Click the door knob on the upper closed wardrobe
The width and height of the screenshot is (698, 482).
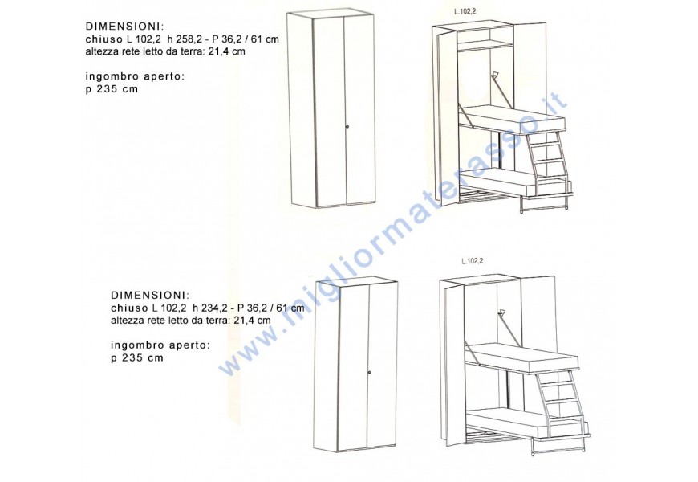coord(347,127)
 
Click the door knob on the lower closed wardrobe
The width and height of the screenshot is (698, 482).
coord(370,371)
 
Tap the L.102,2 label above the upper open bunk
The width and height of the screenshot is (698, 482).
coord(465,12)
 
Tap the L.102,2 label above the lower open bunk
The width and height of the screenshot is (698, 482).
coord(473,261)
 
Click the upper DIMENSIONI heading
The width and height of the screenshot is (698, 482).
coord(124,27)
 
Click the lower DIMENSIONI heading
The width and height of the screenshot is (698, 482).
coord(150,295)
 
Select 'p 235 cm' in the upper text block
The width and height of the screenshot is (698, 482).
coord(112,89)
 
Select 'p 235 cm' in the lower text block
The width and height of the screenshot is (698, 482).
coord(137,358)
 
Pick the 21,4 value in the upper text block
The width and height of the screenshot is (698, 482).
coord(219,51)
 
